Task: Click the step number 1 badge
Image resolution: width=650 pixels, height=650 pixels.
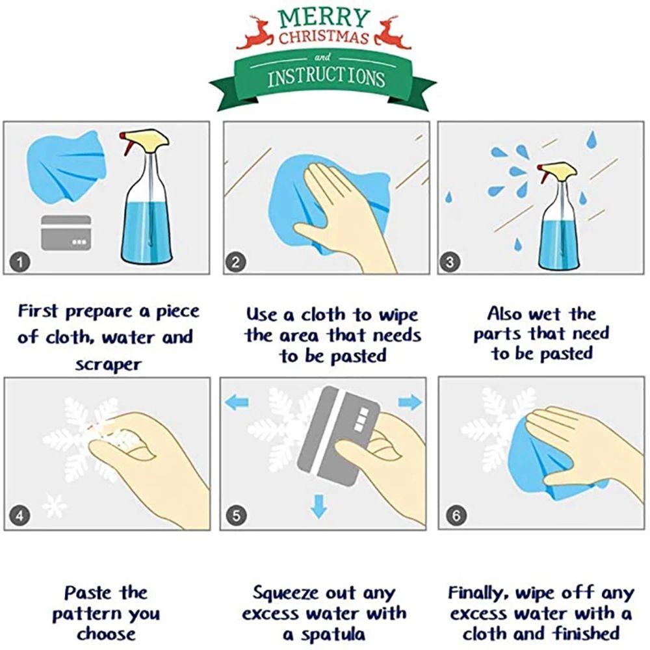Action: pyautogui.click(x=20, y=261)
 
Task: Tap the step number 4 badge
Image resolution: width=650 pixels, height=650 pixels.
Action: pyautogui.click(x=19, y=515)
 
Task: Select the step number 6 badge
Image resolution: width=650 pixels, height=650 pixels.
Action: pyautogui.click(x=456, y=515)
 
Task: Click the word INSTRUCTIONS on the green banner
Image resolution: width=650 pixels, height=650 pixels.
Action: pyautogui.click(x=326, y=77)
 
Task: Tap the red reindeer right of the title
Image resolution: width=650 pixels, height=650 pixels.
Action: pyautogui.click(x=392, y=32)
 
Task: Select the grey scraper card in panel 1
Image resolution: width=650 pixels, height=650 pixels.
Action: pyautogui.click(x=66, y=233)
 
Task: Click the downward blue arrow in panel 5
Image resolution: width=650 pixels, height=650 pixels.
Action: pyautogui.click(x=318, y=506)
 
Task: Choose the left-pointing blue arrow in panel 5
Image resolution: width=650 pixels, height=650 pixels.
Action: pyautogui.click(x=237, y=402)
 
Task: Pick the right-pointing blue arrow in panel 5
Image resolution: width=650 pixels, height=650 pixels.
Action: pyautogui.click(x=410, y=402)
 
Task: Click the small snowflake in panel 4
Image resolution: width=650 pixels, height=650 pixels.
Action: pyautogui.click(x=55, y=505)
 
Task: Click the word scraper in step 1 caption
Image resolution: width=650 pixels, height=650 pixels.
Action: pyautogui.click(x=108, y=365)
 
